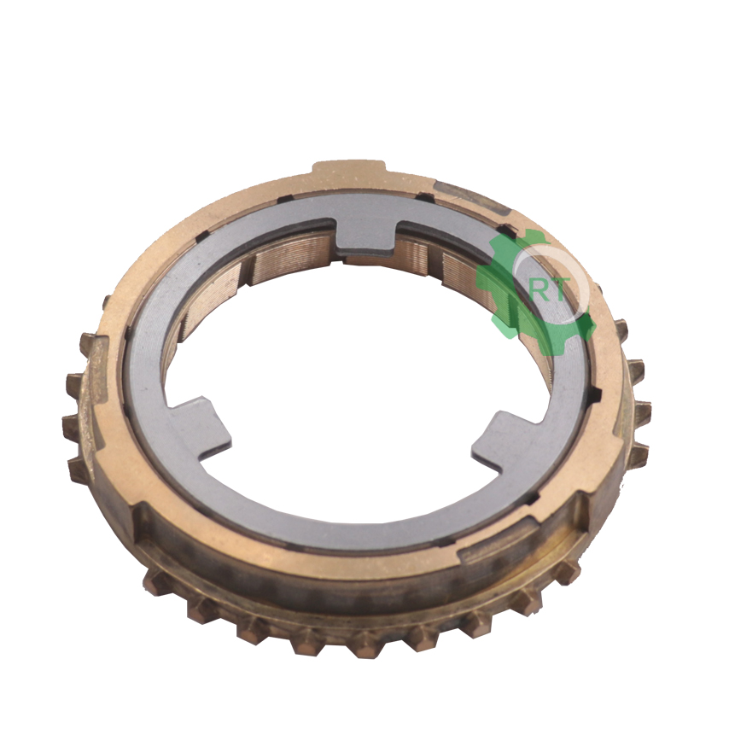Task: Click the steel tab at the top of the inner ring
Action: point(365,236)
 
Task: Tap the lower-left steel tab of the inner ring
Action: point(201,428)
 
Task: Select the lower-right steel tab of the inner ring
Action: point(503,442)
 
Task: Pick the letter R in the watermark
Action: point(539,291)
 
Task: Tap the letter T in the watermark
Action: point(558,290)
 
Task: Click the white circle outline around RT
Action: point(586,283)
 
